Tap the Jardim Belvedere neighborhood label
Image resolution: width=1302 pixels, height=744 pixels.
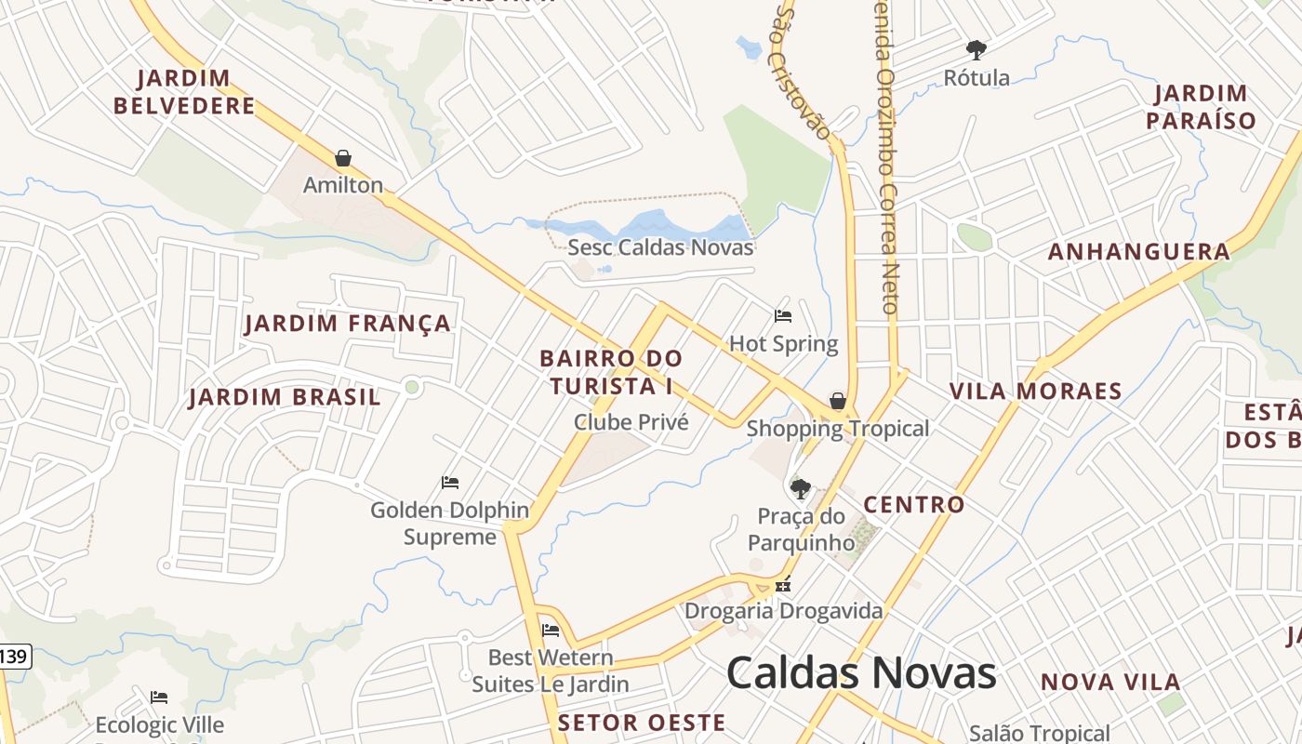[x=184, y=91]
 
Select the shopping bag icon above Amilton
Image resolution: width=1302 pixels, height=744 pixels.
[x=343, y=158]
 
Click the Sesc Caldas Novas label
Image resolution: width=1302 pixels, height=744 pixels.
[x=660, y=247]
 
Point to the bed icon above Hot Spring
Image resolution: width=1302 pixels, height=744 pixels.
[x=783, y=316]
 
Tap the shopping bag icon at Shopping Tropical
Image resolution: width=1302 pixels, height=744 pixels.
[x=838, y=401]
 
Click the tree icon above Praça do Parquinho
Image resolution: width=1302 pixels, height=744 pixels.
[x=800, y=488]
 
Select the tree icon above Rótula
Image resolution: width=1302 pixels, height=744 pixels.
[x=976, y=50]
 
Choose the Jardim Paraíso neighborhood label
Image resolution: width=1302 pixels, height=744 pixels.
[x=1201, y=106]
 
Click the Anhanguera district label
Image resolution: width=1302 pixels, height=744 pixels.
[x=1139, y=252]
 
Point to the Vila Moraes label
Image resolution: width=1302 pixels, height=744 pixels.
[x=1036, y=392]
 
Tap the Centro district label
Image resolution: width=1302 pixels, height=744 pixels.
[x=914, y=505]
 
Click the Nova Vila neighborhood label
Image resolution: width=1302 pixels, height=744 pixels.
[x=1110, y=683]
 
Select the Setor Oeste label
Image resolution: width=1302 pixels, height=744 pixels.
[x=642, y=723]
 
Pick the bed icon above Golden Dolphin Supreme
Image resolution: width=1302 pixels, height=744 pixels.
[x=450, y=483]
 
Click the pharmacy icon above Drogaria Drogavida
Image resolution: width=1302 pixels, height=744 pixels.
[x=783, y=585]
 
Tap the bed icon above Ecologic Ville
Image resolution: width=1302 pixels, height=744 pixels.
[x=159, y=697]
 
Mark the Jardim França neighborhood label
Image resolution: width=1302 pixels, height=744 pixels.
[x=348, y=324]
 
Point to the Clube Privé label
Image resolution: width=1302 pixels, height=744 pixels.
[x=631, y=422]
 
